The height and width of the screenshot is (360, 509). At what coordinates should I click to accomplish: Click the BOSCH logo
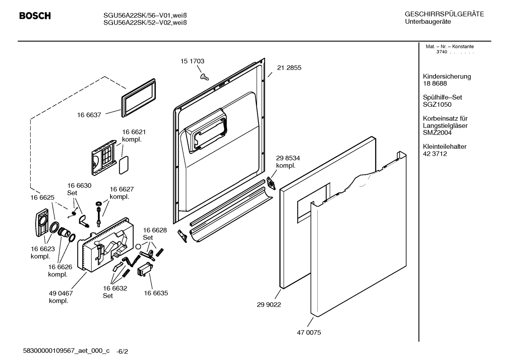35,16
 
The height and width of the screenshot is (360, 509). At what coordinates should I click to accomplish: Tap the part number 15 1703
192,61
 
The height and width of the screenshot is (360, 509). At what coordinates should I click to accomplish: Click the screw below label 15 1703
204,77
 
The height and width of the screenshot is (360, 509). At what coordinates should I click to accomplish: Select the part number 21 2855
289,68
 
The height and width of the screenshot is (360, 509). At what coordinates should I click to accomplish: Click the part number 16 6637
89,115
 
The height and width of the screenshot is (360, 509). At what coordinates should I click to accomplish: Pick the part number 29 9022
269,305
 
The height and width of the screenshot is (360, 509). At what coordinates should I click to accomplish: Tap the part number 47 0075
309,332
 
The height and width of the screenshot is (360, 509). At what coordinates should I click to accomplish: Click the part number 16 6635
156,293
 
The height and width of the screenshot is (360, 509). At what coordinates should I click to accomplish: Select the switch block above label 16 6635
144,270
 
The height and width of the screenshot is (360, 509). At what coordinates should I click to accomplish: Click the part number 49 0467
61,293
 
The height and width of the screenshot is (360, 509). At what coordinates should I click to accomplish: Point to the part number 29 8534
288,158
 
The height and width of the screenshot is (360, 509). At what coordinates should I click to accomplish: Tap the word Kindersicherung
447,77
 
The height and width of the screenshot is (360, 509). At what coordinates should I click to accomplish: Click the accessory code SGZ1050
437,105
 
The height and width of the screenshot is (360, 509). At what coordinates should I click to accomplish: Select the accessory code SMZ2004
437,133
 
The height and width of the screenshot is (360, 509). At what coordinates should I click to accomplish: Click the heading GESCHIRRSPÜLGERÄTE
444,14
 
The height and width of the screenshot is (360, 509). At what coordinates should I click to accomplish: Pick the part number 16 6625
42,197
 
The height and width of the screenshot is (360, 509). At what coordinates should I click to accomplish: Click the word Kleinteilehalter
444,147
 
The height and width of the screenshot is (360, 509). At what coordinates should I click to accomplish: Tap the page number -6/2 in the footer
122,352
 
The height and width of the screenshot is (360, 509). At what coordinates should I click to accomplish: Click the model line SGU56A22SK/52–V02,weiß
145,23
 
